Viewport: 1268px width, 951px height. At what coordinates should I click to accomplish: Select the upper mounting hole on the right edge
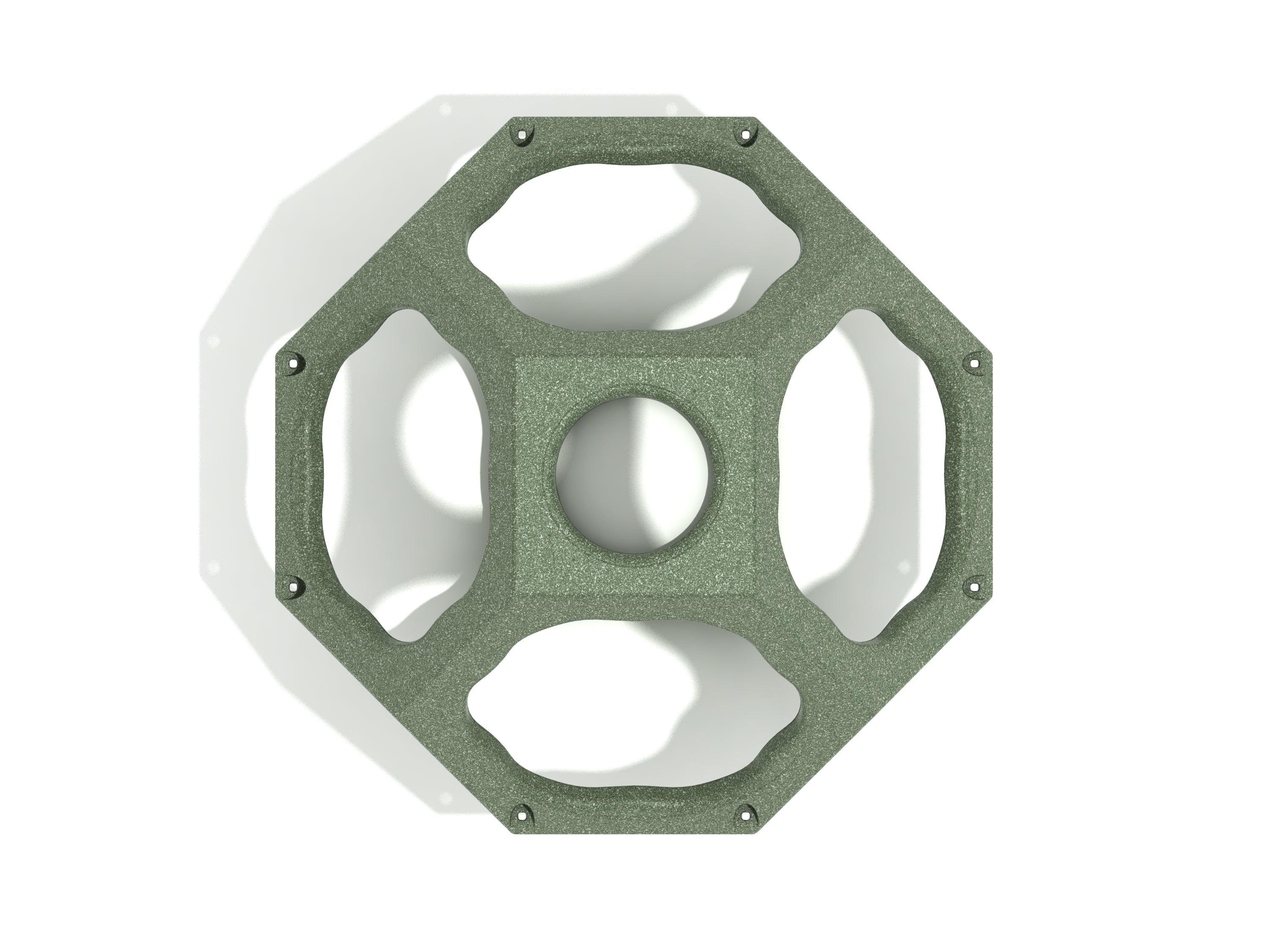(x=974, y=362)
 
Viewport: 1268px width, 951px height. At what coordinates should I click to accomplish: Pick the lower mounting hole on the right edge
(x=974, y=586)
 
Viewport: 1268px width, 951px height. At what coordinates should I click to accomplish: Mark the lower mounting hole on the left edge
(x=295, y=586)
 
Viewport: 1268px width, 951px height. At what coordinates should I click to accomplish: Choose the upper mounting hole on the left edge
(x=295, y=362)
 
